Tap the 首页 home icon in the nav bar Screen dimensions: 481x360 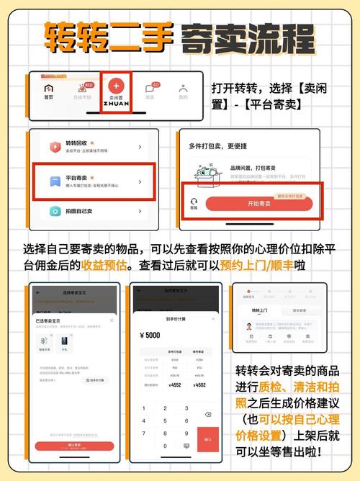(49, 91)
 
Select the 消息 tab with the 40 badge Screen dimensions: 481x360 (150, 91)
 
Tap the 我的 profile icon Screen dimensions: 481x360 (183, 91)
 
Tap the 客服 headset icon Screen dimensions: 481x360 (193, 204)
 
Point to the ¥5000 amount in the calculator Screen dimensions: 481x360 (152, 335)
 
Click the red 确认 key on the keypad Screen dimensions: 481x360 (207, 438)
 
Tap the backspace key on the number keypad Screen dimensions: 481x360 (207, 414)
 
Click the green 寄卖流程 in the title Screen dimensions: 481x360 (248, 36)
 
